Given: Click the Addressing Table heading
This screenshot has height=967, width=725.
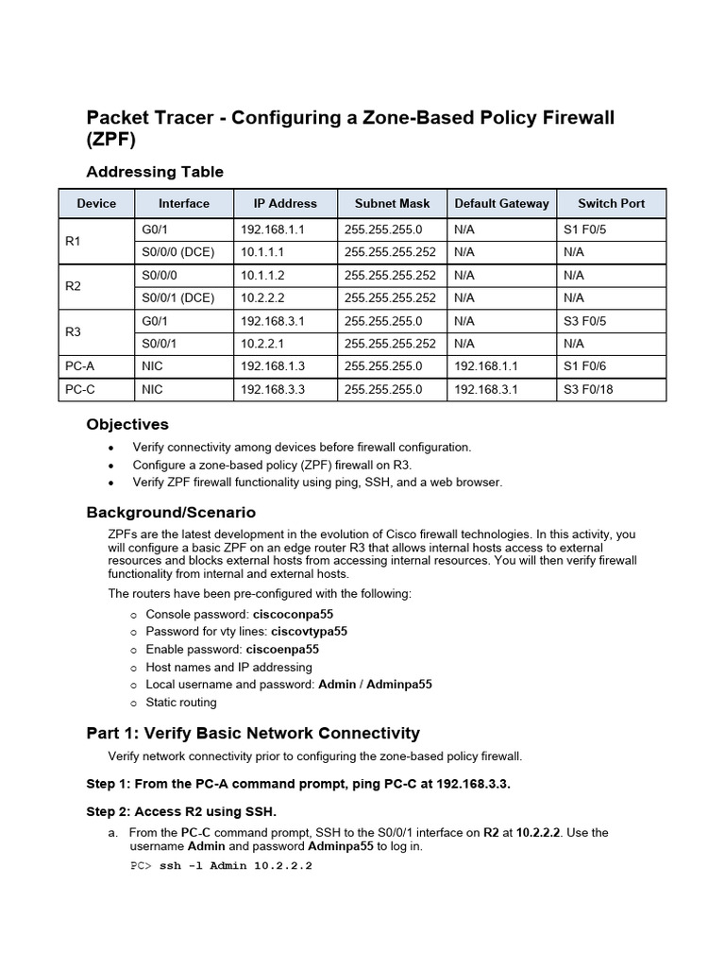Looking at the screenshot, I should click(155, 172).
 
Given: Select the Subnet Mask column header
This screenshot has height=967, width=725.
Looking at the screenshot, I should click(392, 203).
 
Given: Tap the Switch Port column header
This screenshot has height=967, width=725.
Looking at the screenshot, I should click(611, 203).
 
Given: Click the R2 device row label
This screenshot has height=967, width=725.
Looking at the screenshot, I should click(74, 286).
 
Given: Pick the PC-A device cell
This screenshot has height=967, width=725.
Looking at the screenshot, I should click(78, 365).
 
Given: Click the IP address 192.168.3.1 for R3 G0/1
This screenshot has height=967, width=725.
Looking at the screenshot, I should click(273, 321).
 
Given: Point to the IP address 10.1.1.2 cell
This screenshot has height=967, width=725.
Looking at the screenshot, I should click(261, 275).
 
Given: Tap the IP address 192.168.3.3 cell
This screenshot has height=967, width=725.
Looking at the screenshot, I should click(273, 389).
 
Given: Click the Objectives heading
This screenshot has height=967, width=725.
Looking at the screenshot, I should click(127, 424).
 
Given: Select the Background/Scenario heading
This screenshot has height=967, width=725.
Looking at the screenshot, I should click(171, 512).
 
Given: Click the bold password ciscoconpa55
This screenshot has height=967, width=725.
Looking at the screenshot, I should click(299, 614).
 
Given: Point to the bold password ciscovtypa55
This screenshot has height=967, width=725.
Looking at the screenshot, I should click(309, 632).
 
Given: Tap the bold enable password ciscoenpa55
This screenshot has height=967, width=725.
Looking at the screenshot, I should click(282, 650).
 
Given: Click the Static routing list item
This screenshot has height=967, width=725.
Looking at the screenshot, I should click(180, 703).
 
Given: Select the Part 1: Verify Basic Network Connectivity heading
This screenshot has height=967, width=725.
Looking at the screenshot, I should click(253, 734).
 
